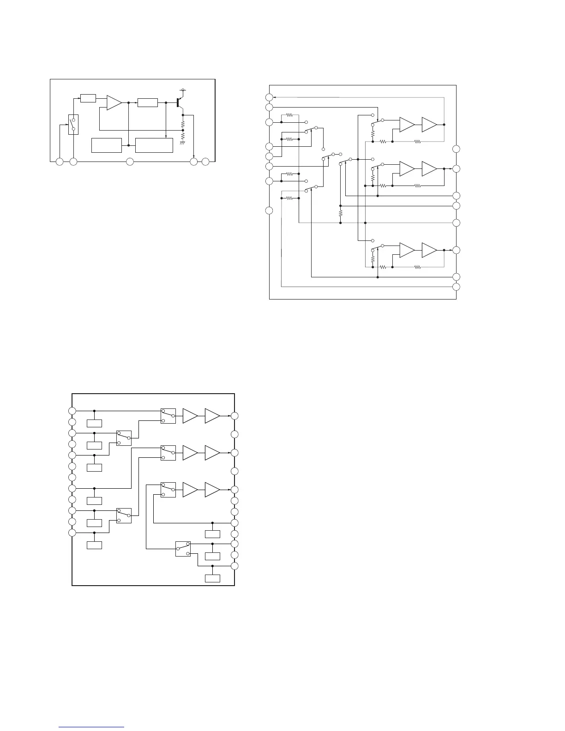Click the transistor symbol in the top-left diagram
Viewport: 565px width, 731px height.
coord(179,102)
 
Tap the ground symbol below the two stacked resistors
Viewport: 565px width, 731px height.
coord(183,144)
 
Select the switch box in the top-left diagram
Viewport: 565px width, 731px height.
coord(73,124)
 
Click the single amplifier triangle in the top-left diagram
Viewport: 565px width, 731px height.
coord(114,102)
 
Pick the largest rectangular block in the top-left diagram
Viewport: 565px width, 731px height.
coord(154,145)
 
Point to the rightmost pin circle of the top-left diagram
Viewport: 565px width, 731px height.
coord(205,162)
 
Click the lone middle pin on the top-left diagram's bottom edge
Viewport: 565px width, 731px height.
coord(130,162)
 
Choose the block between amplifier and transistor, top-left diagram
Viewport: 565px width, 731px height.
coord(148,102)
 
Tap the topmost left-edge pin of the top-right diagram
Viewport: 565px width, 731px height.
coord(270,97)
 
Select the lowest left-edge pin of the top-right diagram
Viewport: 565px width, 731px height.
coord(270,211)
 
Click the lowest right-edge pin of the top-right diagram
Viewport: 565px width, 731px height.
coord(457,287)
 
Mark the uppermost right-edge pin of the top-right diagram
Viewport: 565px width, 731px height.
coord(457,149)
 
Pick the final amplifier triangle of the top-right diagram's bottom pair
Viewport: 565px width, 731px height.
coord(429,250)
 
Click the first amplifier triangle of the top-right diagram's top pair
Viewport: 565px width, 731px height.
coord(407,125)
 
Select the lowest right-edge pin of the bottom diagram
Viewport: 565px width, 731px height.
coord(235,566)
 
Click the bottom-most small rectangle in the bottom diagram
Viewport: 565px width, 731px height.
coord(212,578)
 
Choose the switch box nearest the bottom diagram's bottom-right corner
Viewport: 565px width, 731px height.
coord(183,549)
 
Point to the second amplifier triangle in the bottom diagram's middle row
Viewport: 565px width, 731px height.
coord(212,453)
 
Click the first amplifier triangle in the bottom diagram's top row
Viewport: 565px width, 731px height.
coord(190,416)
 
